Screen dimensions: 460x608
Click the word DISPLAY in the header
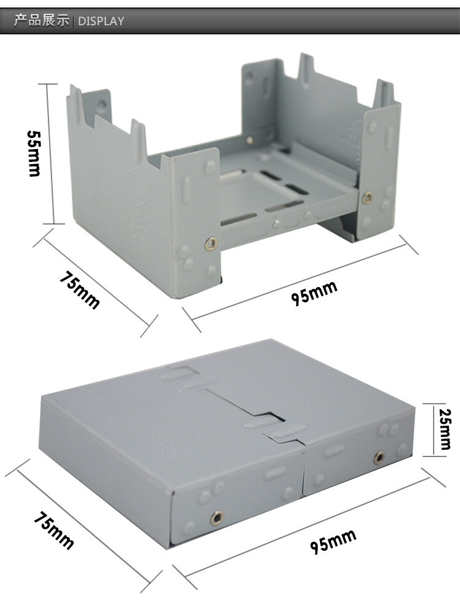(101, 21)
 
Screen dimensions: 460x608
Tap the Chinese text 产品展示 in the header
(41, 20)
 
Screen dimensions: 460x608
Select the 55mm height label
(34, 153)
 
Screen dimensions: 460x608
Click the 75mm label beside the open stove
(80, 290)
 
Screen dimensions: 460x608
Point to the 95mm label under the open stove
(314, 293)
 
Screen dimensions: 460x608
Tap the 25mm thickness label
(445, 429)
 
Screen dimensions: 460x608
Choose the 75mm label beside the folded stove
(53, 530)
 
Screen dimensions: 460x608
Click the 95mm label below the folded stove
(333, 541)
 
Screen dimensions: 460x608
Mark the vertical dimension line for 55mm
(48, 153)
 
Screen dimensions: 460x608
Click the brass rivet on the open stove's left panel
(211, 244)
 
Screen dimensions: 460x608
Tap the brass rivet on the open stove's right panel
(367, 198)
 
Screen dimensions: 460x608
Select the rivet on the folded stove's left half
(217, 518)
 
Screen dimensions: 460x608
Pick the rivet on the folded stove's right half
(380, 458)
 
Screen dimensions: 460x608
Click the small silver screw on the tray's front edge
(277, 224)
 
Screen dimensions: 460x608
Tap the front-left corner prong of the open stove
(75, 102)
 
